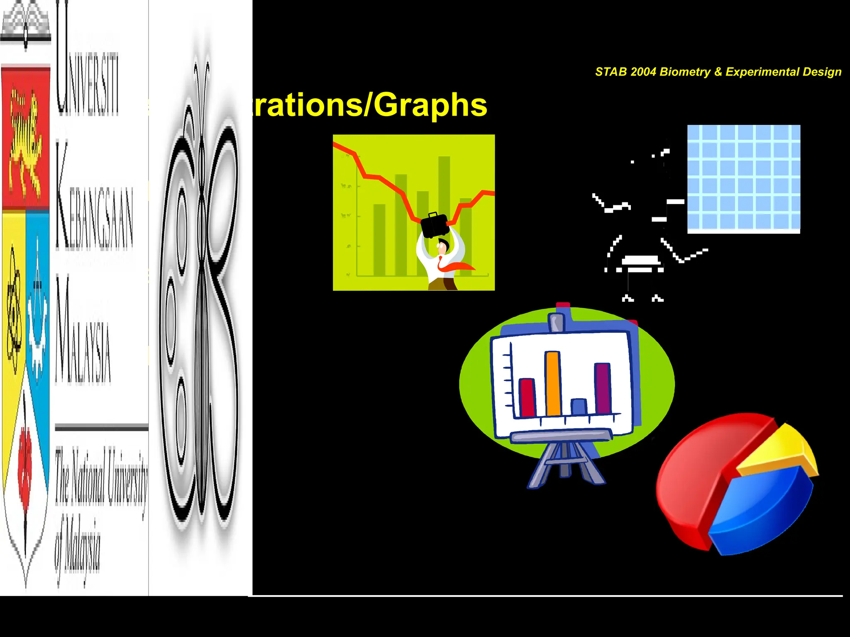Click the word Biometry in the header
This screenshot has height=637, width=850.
tap(685, 72)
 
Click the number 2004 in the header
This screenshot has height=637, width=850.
tap(643, 72)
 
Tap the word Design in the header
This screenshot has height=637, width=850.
tap(822, 72)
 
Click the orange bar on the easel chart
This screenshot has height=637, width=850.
tap(553, 384)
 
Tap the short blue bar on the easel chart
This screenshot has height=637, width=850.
tap(579, 407)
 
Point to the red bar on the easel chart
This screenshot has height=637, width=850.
tap(527, 397)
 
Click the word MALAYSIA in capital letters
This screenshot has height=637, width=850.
tap(83, 332)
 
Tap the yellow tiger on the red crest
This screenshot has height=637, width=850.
tap(25, 137)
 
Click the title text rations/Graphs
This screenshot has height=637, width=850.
tap(369, 105)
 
